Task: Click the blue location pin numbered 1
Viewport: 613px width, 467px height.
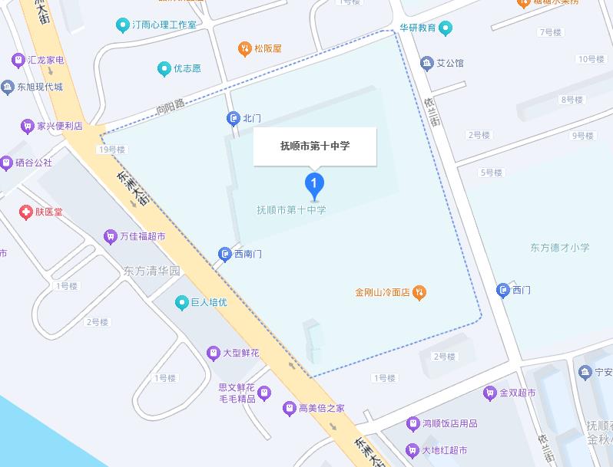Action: (x=314, y=184)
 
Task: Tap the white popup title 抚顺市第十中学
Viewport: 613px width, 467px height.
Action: (x=315, y=146)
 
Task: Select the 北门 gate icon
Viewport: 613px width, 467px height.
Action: (x=233, y=118)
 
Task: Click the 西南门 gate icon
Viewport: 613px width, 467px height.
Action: (x=224, y=253)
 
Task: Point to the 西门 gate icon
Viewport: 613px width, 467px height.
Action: (x=503, y=290)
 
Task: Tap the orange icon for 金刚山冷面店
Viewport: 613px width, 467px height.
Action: (x=419, y=291)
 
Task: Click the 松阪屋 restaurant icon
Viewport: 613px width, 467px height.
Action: (x=244, y=48)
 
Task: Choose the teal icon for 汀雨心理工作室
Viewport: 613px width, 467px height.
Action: (x=122, y=25)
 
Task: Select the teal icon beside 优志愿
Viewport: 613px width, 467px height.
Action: (x=164, y=69)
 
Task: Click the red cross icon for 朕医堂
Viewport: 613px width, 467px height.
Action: (x=26, y=211)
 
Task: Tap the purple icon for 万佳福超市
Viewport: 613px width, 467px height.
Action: (x=110, y=236)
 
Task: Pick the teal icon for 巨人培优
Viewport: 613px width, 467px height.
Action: (x=182, y=302)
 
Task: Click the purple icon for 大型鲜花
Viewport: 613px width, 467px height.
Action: (x=213, y=353)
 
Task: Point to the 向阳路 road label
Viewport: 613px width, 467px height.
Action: (x=171, y=107)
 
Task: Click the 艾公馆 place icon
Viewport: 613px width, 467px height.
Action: (x=426, y=63)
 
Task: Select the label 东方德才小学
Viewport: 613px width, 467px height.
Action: (x=559, y=248)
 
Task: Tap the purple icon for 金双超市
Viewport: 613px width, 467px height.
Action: (x=489, y=393)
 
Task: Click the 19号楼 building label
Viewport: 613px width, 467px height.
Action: (x=111, y=150)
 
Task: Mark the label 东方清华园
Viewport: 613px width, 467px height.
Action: (x=151, y=271)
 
